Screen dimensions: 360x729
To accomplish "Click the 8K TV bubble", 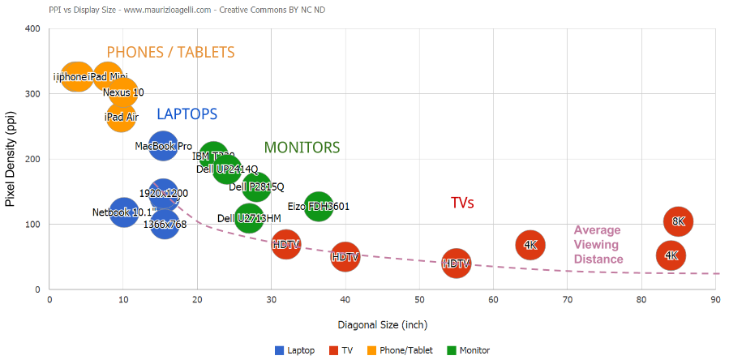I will [679, 221].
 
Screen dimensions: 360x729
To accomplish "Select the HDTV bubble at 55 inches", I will [457, 264].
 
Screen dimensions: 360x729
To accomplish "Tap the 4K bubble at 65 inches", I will [530, 244].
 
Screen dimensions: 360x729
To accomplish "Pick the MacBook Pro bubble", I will [163, 147].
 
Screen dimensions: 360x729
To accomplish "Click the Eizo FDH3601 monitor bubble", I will [319, 207].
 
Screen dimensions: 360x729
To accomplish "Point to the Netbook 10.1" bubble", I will [123, 212].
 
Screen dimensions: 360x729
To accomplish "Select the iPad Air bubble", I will [121, 118].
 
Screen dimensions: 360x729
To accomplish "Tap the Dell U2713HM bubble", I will [249, 218].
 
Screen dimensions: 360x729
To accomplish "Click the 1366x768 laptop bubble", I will [164, 225].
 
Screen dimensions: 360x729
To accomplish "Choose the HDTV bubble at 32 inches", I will [286, 243].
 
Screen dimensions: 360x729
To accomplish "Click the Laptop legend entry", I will [296, 350].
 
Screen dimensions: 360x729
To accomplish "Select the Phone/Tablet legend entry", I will [405, 350].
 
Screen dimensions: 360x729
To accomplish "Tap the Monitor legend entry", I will [470, 350].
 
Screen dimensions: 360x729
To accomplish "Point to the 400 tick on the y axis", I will [32, 29].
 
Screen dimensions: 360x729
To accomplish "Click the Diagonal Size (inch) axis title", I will [382, 325].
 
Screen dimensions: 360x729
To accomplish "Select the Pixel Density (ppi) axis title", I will [11, 158].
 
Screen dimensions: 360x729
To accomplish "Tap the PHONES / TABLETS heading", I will [170, 53].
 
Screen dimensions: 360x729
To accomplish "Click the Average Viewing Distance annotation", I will [598, 245].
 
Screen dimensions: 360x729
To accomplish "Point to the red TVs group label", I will [462, 203].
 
